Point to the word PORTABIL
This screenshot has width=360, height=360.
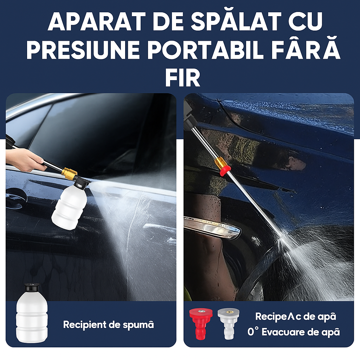pyautogui.click(x=206, y=50)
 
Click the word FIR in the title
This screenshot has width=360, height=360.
pyautogui.click(x=182, y=78)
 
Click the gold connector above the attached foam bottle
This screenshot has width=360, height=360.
pyautogui.click(x=69, y=173)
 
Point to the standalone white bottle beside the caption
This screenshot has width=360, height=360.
pyautogui.click(x=32, y=316)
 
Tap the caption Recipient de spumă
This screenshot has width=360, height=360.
pyautogui.click(x=108, y=324)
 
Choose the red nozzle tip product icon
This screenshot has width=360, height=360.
pyautogui.click(x=201, y=323)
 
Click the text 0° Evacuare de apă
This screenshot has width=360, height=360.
pyautogui.click(x=294, y=332)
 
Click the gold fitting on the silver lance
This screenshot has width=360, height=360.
pyautogui.click(x=220, y=163)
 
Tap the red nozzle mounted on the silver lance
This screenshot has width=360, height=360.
pyautogui.click(x=223, y=171)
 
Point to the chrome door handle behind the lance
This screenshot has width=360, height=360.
pyautogui.click(x=213, y=226)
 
